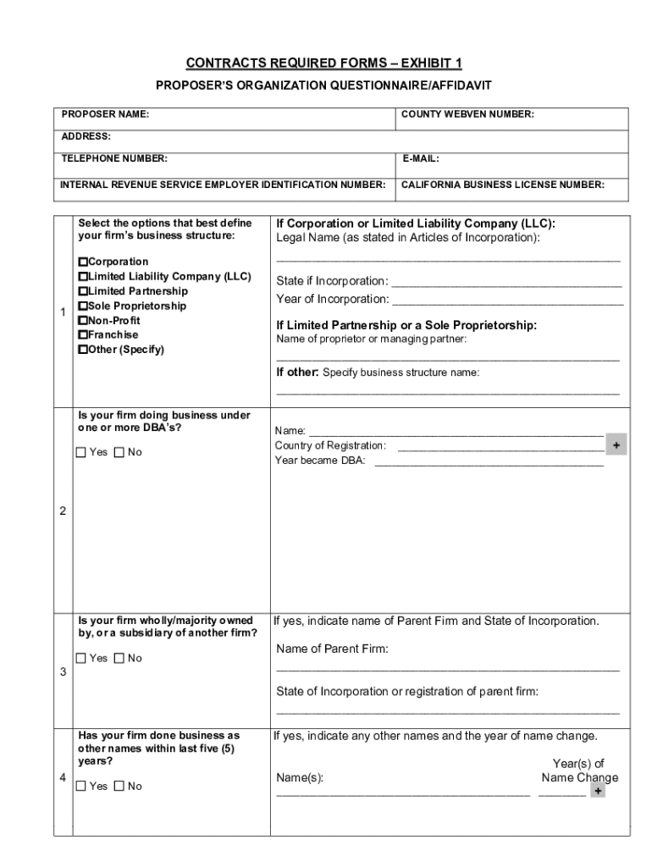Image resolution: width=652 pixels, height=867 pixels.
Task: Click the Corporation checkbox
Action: click(x=83, y=262)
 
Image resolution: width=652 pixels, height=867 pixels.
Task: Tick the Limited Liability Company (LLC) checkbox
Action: click(x=83, y=277)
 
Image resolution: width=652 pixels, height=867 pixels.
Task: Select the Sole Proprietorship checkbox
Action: click(x=83, y=306)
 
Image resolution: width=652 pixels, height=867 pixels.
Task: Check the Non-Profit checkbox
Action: click(x=83, y=321)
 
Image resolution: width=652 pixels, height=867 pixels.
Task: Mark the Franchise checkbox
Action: click(x=83, y=335)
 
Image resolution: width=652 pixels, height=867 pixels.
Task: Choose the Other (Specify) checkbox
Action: click(x=83, y=350)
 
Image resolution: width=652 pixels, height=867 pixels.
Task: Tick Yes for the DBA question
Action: click(x=81, y=452)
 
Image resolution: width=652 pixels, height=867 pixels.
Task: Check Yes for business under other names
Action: click(x=81, y=786)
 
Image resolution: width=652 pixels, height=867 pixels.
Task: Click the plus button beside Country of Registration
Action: click(x=616, y=445)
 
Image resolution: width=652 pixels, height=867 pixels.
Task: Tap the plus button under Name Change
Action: click(x=598, y=791)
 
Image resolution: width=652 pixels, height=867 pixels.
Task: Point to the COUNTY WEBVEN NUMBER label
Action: click(x=467, y=114)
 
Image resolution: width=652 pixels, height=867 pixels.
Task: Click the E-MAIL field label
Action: click(x=420, y=158)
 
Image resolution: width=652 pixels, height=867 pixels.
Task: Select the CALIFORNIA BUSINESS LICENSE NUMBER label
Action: click(x=502, y=184)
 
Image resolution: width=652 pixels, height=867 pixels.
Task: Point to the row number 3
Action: click(x=64, y=672)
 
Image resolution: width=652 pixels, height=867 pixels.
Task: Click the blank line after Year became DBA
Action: click(x=489, y=461)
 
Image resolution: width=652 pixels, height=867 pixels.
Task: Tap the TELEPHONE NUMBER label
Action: click(x=114, y=158)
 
